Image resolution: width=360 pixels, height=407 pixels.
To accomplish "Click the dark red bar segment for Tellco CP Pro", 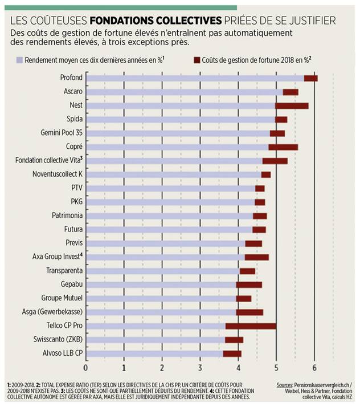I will pos(251,326).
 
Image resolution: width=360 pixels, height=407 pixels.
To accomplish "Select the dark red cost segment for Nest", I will pos(292,105).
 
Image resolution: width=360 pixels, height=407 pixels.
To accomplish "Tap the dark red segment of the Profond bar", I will pos(310,78).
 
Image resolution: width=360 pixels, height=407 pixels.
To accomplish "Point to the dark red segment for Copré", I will pos(283,147).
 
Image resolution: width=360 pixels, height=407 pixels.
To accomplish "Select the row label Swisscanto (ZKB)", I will pos(60,339).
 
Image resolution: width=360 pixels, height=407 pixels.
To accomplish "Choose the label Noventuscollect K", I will pos(58,174).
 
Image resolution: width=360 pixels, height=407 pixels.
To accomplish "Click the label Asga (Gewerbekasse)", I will pos(57,312).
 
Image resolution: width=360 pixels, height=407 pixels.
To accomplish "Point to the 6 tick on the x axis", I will pos(314,366).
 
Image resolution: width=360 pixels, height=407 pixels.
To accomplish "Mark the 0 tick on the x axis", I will pos(86,366).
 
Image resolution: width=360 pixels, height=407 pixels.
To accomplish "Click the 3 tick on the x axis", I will pos(200,366).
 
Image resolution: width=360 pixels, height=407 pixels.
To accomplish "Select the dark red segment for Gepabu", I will pos(249,284).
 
